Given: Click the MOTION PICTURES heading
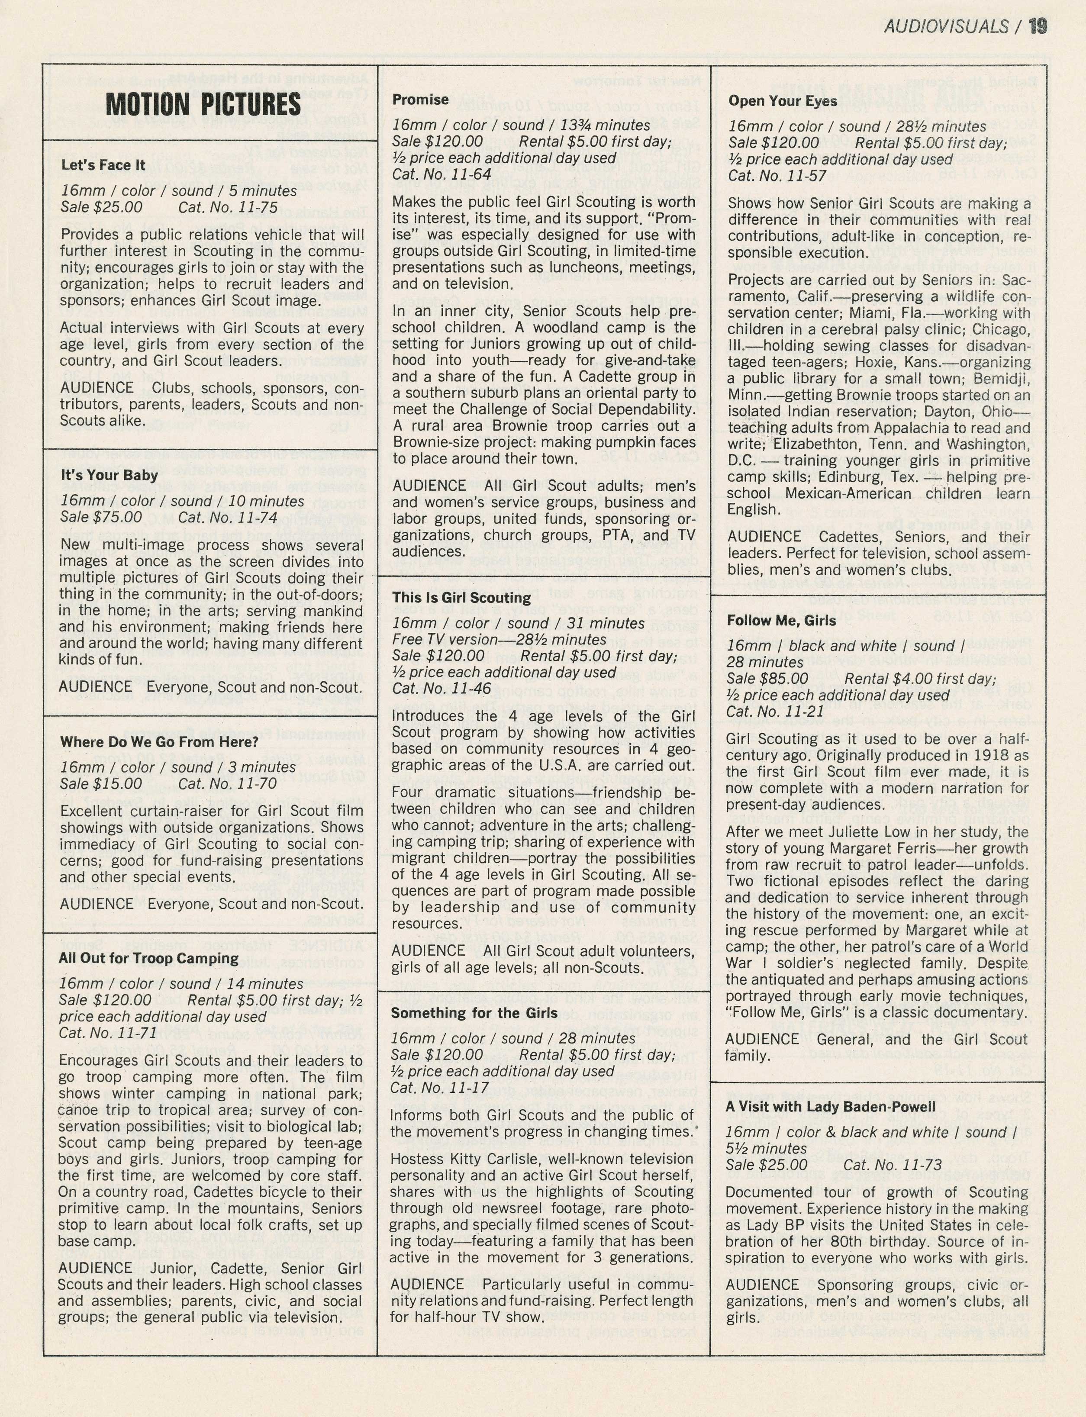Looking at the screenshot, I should click(203, 104).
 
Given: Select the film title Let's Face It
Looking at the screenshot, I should click(103, 165).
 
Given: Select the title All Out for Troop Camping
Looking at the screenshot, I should click(148, 958).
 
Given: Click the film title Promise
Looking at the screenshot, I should click(420, 100).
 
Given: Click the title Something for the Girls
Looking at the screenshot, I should click(474, 1013).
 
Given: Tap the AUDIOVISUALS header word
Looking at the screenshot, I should click(946, 26).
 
